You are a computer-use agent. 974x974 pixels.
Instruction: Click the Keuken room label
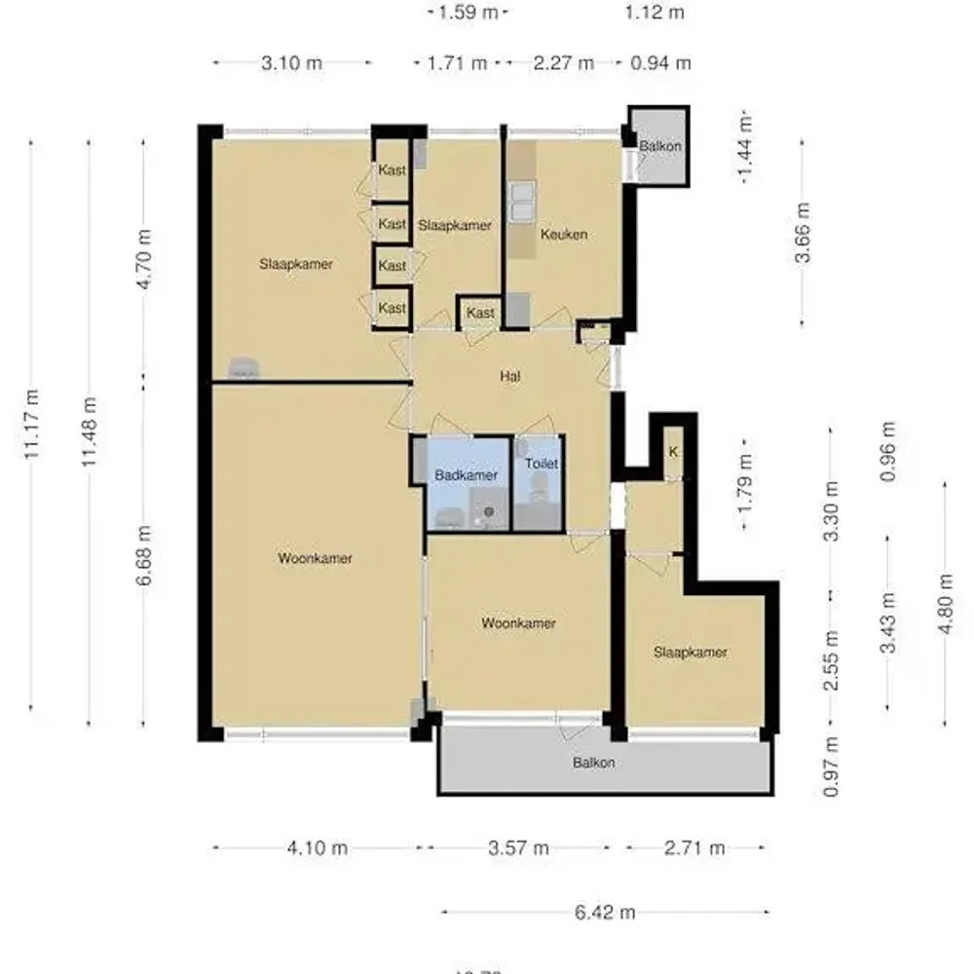tap(564, 235)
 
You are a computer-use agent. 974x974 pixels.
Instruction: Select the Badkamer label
tap(467, 475)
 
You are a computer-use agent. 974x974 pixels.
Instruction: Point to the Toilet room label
tap(542, 465)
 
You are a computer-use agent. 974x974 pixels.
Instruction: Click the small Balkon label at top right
tap(659, 146)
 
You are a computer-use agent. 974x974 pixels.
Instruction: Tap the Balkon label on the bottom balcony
tap(593, 763)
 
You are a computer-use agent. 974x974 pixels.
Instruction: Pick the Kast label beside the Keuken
tap(480, 313)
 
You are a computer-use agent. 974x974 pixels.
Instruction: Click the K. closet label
tap(672, 451)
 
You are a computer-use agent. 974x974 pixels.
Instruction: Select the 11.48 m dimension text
tap(90, 431)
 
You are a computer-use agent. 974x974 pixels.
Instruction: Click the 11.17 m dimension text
tap(32, 424)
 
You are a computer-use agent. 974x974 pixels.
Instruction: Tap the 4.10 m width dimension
tap(318, 847)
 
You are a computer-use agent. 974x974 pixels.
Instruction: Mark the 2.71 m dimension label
tap(694, 847)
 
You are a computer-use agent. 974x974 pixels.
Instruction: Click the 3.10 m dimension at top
tap(292, 63)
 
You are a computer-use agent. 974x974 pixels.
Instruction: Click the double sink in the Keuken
tap(522, 202)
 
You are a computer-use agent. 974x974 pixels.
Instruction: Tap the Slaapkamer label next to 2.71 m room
tap(691, 653)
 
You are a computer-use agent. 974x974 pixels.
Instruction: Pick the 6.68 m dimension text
tap(144, 555)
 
